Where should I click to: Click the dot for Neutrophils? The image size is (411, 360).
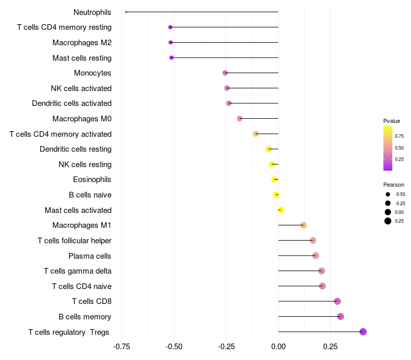click(126, 12)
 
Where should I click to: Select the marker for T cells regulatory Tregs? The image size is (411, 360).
click(363, 332)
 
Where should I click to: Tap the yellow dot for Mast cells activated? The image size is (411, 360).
click(281, 210)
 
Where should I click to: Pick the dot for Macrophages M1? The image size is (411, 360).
click(304, 225)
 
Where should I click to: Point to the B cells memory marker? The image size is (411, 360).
click(341, 316)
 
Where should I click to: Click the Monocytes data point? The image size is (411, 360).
click(225, 73)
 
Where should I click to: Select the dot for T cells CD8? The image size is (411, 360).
click(338, 301)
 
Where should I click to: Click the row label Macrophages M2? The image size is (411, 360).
click(82, 42)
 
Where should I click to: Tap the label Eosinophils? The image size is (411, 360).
click(92, 179)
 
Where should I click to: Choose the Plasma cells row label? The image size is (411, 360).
click(89, 256)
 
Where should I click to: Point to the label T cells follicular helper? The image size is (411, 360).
click(74, 241)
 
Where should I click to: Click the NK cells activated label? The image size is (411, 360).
click(81, 88)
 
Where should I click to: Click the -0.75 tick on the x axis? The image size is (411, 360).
click(121, 347)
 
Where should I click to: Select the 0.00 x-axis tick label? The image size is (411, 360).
click(278, 347)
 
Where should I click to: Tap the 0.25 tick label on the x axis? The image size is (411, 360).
click(330, 347)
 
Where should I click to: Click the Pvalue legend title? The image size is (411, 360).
click(391, 121)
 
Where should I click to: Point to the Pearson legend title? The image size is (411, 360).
click(394, 185)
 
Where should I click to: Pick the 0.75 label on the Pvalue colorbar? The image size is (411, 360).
click(399, 136)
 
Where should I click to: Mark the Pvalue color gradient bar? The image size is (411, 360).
click(388, 148)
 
